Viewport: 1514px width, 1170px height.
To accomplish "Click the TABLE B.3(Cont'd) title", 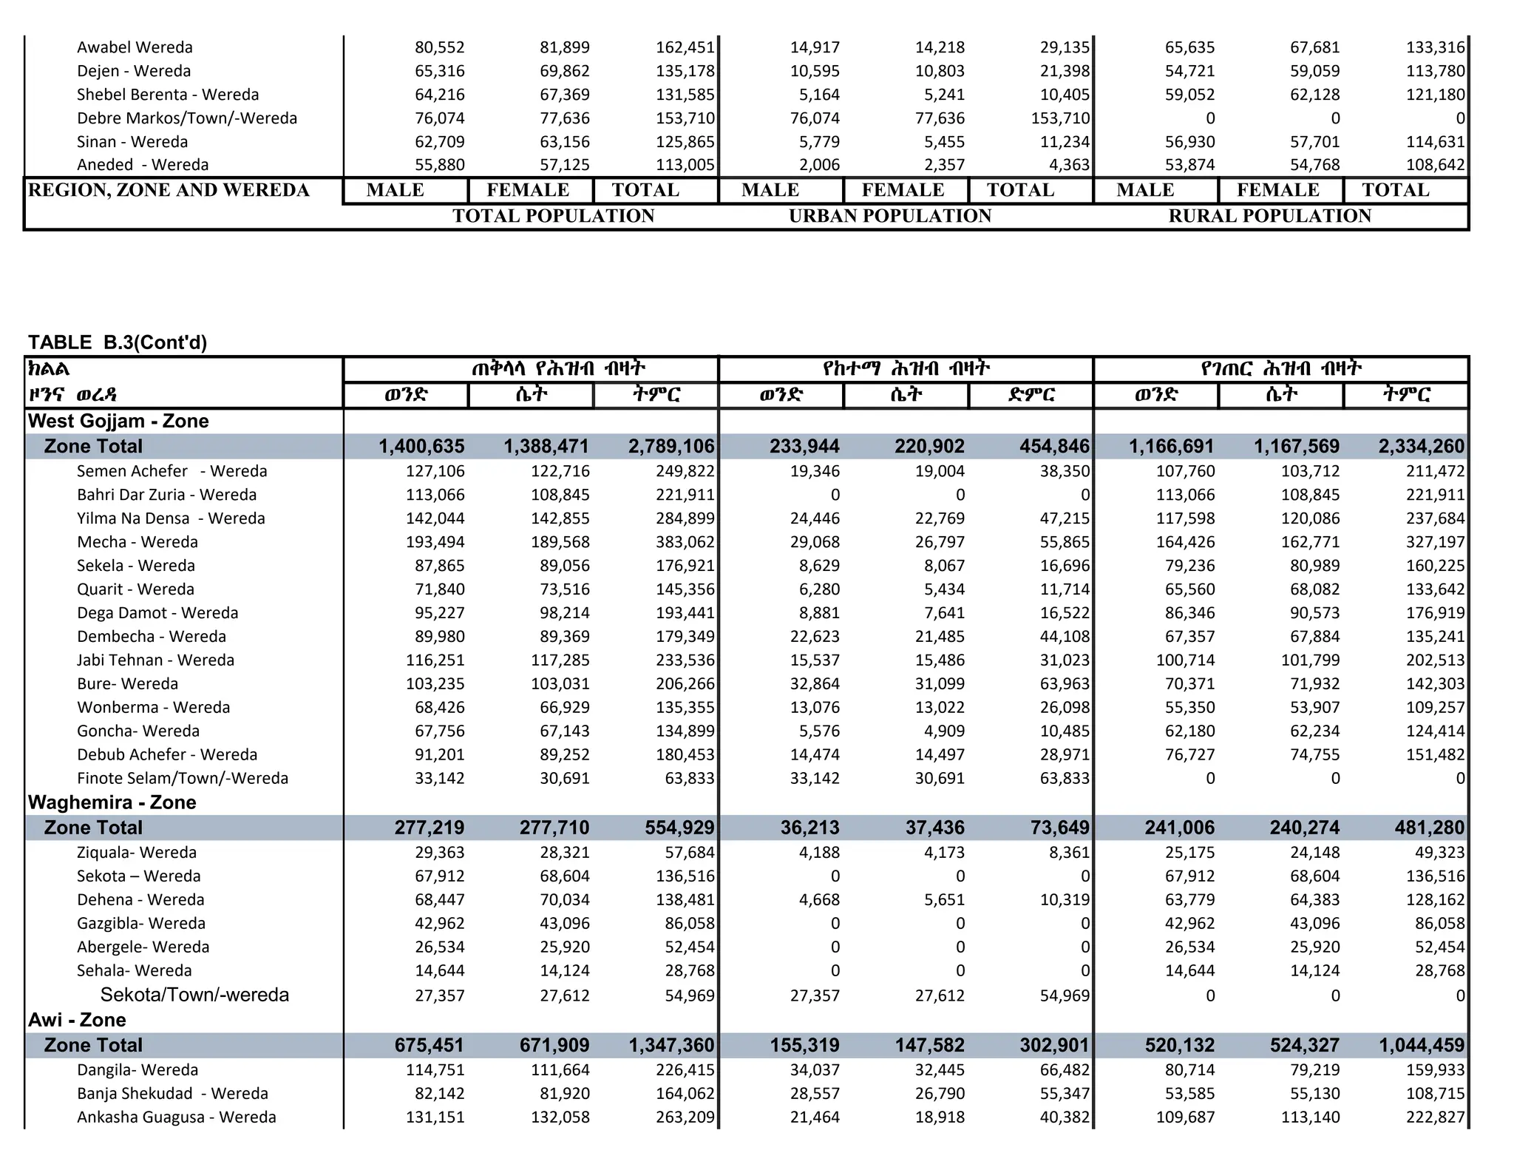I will coord(118,342).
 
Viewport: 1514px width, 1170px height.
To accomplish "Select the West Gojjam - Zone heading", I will coord(118,421).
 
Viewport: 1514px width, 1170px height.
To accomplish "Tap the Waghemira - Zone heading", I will coord(112,802).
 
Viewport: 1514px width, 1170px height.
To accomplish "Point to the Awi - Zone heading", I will coord(77,1020).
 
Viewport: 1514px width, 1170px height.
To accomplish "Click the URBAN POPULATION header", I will coord(890,216).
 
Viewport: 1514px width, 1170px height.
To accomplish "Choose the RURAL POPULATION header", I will coord(1269,216).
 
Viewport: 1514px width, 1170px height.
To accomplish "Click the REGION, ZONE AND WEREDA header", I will coord(169,190).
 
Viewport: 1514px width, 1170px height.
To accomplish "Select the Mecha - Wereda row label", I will coord(138,542).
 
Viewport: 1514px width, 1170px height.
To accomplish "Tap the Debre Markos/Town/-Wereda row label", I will coord(187,118).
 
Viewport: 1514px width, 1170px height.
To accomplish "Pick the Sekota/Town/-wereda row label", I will coord(194,995).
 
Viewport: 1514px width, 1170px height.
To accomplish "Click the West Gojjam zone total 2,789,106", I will coord(671,446).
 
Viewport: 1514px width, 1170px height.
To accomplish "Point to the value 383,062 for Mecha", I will coord(685,542).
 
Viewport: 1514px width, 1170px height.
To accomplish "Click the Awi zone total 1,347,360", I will coord(671,1045).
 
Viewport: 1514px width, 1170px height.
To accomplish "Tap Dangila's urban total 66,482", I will coord(1065,1070).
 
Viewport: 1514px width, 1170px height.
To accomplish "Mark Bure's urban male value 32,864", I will coord(815,684).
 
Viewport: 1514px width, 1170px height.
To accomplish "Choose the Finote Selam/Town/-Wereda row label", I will coord(183,778).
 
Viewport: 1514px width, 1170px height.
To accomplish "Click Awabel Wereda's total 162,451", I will coord(685,47).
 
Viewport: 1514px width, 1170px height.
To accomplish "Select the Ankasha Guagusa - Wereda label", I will coord(177,1117).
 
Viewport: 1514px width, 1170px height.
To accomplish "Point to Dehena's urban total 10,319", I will coord(1065,900).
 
